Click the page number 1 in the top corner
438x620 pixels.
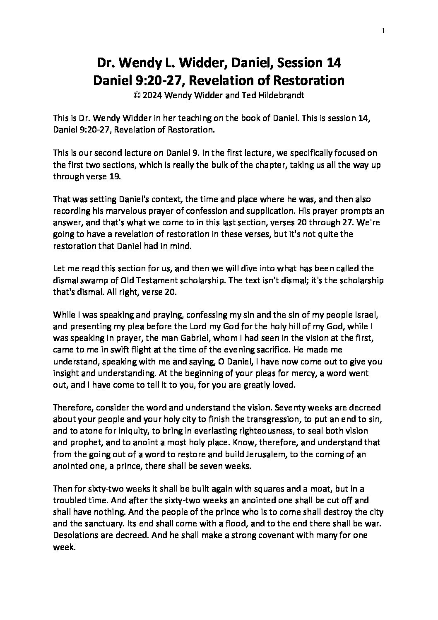384,31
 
